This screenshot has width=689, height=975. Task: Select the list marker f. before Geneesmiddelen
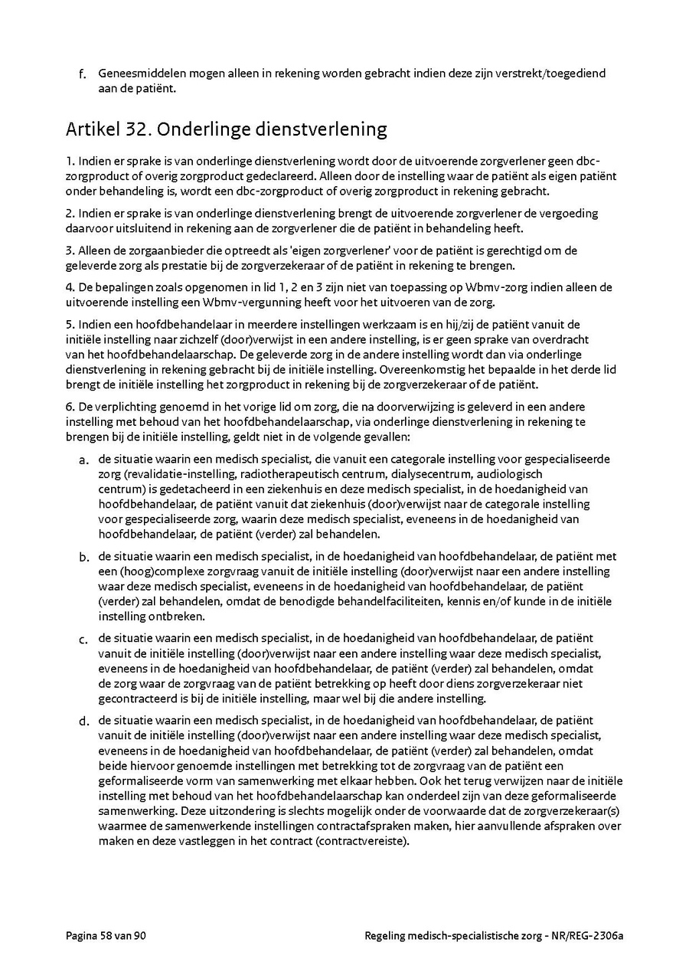[82, 74]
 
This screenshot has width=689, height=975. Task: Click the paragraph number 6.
[69, 406]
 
